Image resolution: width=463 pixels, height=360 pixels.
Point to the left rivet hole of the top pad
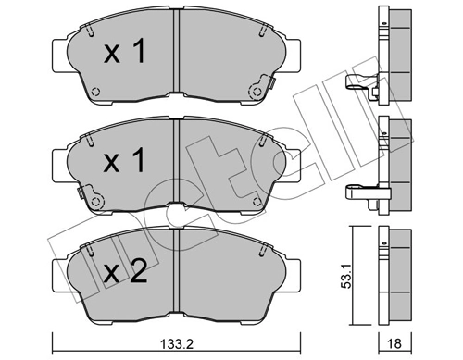click(x=96, y=91)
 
